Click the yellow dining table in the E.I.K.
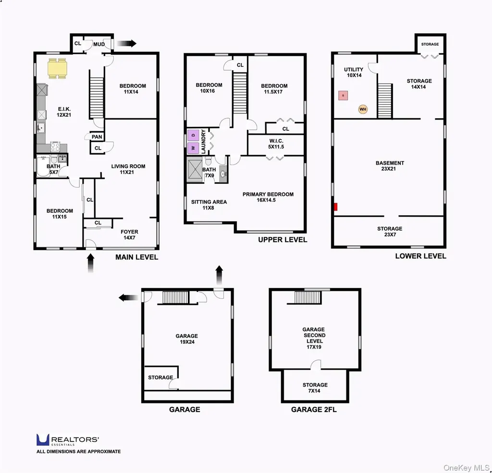58,68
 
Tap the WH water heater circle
363,109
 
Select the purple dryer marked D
193,135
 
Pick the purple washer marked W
193,148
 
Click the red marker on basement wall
335,207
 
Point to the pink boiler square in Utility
343,96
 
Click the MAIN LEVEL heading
137,257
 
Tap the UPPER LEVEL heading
283,240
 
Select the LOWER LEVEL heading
420,256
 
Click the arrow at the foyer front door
91,263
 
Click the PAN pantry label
97,137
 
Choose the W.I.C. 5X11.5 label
276,144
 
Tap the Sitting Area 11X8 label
209,205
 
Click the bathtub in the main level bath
43,166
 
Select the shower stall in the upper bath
195,170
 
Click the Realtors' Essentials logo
68,440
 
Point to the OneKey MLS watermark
467,468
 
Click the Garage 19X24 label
187,339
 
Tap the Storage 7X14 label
315,388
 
